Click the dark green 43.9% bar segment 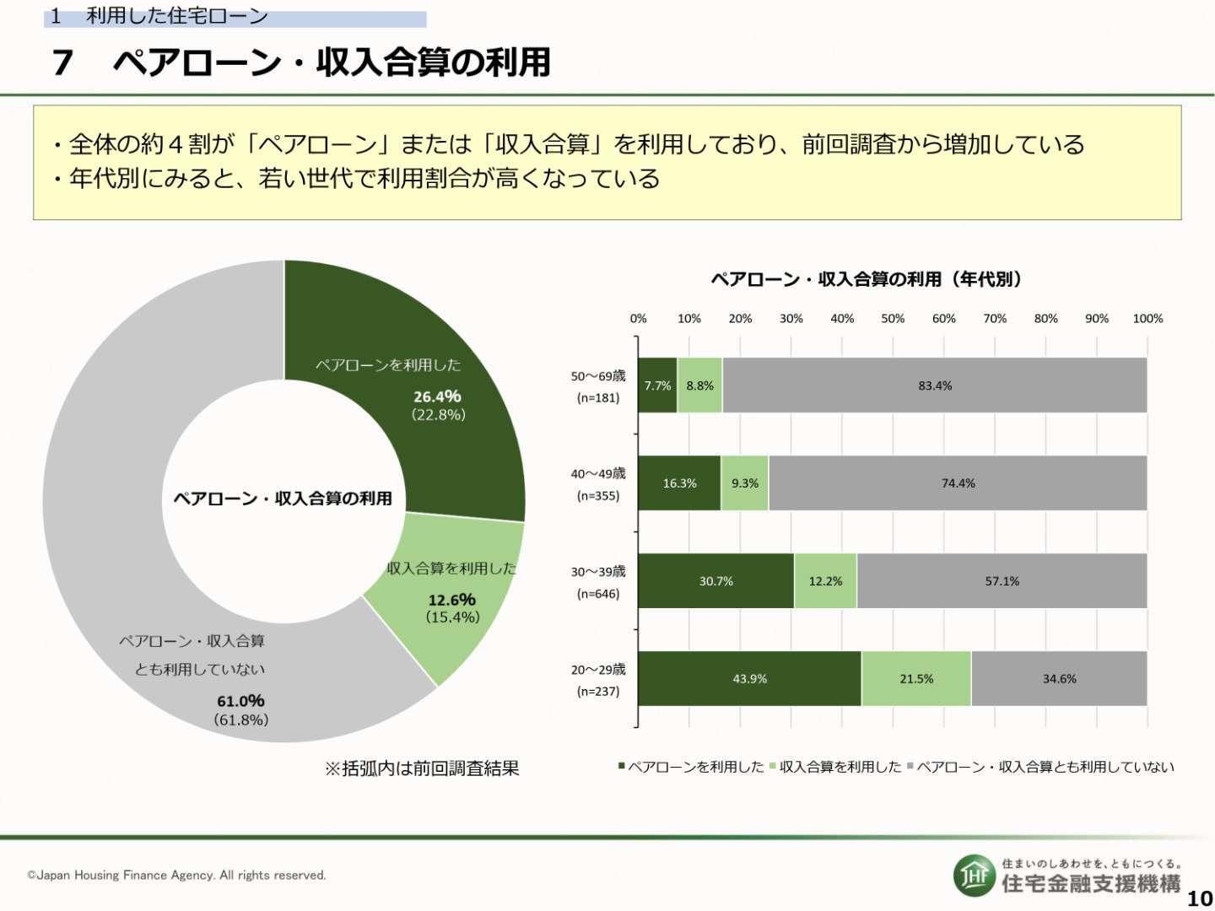point(749,678)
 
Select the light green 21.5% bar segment point(916,678)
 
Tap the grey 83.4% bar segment point(934,385)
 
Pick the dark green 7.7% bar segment point(657,385)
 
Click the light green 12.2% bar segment point(825,581)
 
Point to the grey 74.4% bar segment point(958,482)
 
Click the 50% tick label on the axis point(893,319)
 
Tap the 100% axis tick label point(1147,319)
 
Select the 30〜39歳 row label point(598,571)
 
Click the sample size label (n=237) point(598,692)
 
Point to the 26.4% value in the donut point(437,396)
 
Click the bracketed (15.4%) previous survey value point(453,617)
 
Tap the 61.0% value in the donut point(240,701)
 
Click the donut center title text point(283,499)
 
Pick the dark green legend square point(622,766)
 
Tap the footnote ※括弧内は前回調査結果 point(422,768)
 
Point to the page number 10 point(1200,899)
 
